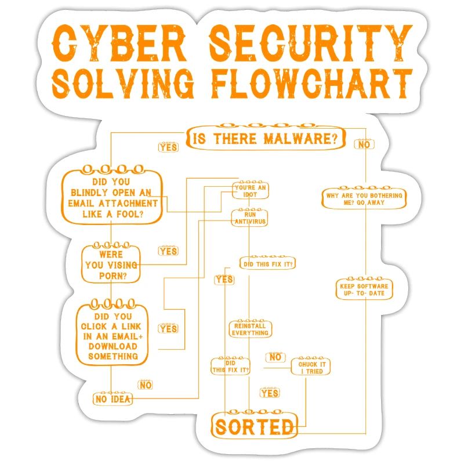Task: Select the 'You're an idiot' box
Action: coord(251,191)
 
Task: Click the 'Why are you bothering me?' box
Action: coord(364,200)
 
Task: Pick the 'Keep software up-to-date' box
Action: coord(364,290)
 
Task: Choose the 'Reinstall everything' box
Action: coord(250,329)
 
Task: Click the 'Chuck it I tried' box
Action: coord(311,367)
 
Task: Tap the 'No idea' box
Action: coord(113,399)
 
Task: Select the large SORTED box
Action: coord(255,426)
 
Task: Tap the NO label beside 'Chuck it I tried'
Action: coord(275,357)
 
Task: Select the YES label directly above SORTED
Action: coord(270,394)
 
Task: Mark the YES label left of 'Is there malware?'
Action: coord(168,147)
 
